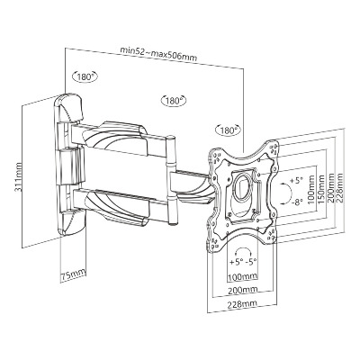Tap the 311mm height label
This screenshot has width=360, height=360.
coord(18,177)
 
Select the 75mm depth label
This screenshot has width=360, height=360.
coord(73,275)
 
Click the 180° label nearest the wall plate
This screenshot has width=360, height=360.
coord(85,76)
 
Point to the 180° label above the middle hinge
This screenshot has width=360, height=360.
coord(174,101)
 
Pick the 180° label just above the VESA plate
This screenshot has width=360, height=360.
coord(229,130)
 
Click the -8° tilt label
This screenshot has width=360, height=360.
coord(297,202)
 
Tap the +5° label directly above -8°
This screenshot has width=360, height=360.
coord(297,181)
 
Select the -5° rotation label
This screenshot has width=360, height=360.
coord(251,262)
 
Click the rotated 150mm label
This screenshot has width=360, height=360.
coord(322,190)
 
